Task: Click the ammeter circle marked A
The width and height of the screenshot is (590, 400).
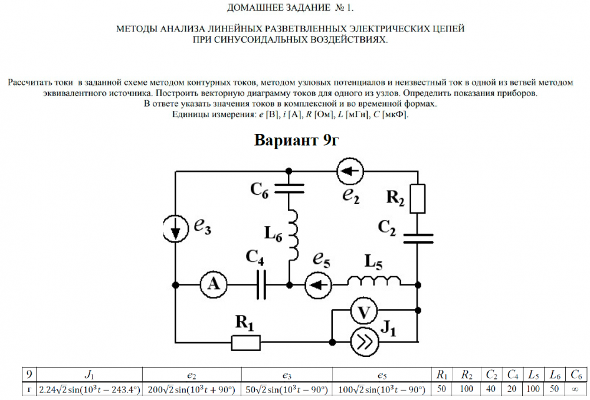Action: point(210,284)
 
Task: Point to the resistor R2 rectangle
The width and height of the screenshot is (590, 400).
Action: point(418,198)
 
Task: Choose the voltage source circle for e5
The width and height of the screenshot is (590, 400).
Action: point(318,284)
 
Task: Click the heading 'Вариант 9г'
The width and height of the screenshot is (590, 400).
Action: point(296,140)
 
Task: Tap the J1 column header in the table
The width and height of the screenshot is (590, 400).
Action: point(89,374)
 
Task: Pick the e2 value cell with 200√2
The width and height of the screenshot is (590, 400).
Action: point(191,389)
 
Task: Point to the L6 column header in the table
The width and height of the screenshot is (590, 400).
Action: point(555,374)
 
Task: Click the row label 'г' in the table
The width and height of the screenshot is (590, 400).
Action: point(27,389)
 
